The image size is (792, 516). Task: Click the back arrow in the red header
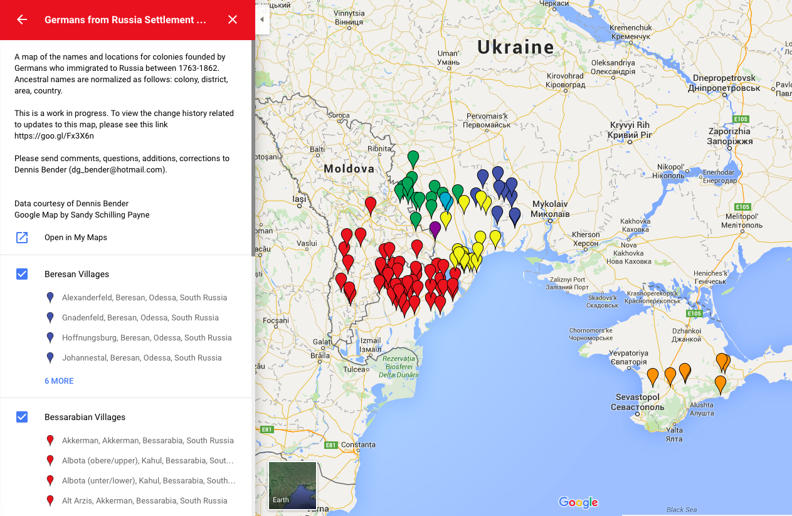click(22, 19)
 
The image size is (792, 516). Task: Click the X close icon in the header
click(233, 19)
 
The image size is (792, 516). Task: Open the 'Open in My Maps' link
click(75, 238)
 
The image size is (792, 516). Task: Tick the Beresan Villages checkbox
click(22, 274)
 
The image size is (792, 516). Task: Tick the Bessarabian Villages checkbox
click(22, 417)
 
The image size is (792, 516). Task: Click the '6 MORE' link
click(59, 381)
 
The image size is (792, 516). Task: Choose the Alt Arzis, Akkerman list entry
click(144, 501)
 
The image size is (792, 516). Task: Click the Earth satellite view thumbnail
click(293, 485)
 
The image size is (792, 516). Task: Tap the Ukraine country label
click(515, 47)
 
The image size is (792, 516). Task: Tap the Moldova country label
click(349, 169)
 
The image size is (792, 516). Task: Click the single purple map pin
click(435, 228)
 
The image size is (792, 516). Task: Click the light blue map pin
click(445, 199)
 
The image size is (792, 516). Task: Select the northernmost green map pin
click(413, 157)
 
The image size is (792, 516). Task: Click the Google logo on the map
click(578, 502)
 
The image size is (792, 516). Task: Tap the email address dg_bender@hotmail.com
click(117, 170)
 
